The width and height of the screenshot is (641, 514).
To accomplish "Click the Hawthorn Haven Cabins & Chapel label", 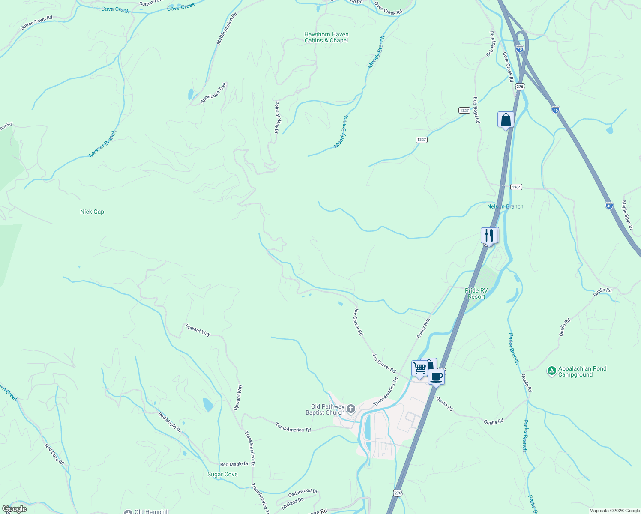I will click(x=326, y=38).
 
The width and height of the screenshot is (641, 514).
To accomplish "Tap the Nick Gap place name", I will click(x=92, y=212).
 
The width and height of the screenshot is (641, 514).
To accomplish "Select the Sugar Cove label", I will click(x=222, y=474).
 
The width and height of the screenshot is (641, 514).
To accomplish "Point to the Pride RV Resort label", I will click(x=476, y=293).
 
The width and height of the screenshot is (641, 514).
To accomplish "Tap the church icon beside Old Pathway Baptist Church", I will click(x=351, y=409).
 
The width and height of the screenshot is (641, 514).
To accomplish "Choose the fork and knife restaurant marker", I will click(x=489, y=235).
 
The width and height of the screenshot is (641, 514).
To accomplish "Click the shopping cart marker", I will click(x=419, y=368).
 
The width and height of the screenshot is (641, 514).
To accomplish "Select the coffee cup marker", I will click(x=436, y=377).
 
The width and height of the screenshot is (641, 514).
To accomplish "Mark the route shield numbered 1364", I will click(x=516, y=187).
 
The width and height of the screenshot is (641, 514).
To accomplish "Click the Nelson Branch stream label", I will click(x=505, y=206).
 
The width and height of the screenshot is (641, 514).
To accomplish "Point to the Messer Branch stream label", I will click(x=103, y=144).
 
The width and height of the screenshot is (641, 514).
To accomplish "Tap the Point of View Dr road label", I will click(x=277, y=117).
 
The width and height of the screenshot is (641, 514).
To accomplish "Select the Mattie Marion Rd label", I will click(x=227, y=28).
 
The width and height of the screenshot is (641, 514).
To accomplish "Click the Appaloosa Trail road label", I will click(x=213, y=93).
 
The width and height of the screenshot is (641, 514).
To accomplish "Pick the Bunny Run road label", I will click(x=423, y=328).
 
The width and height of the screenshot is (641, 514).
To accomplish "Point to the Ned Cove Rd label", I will click(x=54, y=454).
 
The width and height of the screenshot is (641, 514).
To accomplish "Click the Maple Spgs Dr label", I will click(x=627, y=215).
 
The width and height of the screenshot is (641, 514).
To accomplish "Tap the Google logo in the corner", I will click(x=14, y=509).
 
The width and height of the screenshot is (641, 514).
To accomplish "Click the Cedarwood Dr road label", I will click(x=303, y=493).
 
